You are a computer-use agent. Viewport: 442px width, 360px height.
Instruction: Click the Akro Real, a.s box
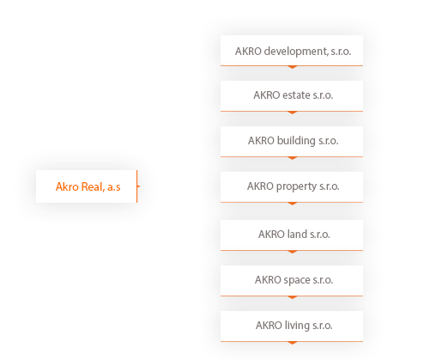87,186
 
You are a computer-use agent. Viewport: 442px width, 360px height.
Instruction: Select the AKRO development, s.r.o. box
292,51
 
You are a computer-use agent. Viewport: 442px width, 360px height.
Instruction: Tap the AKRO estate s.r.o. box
292,96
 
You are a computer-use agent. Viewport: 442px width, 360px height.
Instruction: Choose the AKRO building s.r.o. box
292,142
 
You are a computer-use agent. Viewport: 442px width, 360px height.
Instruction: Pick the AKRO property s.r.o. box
292,187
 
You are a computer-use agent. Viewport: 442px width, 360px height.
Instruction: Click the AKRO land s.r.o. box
292,235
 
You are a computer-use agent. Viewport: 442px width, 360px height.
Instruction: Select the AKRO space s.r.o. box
292,281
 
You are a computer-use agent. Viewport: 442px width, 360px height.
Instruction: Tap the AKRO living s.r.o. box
292,326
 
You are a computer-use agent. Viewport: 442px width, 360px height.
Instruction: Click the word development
296,52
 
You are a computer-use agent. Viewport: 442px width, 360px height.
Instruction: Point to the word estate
296,95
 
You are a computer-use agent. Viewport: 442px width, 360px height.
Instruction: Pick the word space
297,280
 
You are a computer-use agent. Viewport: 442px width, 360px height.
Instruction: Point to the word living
297,326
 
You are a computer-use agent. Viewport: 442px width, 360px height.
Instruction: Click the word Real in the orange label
92,186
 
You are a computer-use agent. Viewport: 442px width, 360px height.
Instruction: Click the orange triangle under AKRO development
292,67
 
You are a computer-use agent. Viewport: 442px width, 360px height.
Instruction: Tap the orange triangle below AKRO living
292,343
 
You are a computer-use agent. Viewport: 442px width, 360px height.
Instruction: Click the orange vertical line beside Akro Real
137,186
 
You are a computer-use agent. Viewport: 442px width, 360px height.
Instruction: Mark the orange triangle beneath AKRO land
292,252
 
